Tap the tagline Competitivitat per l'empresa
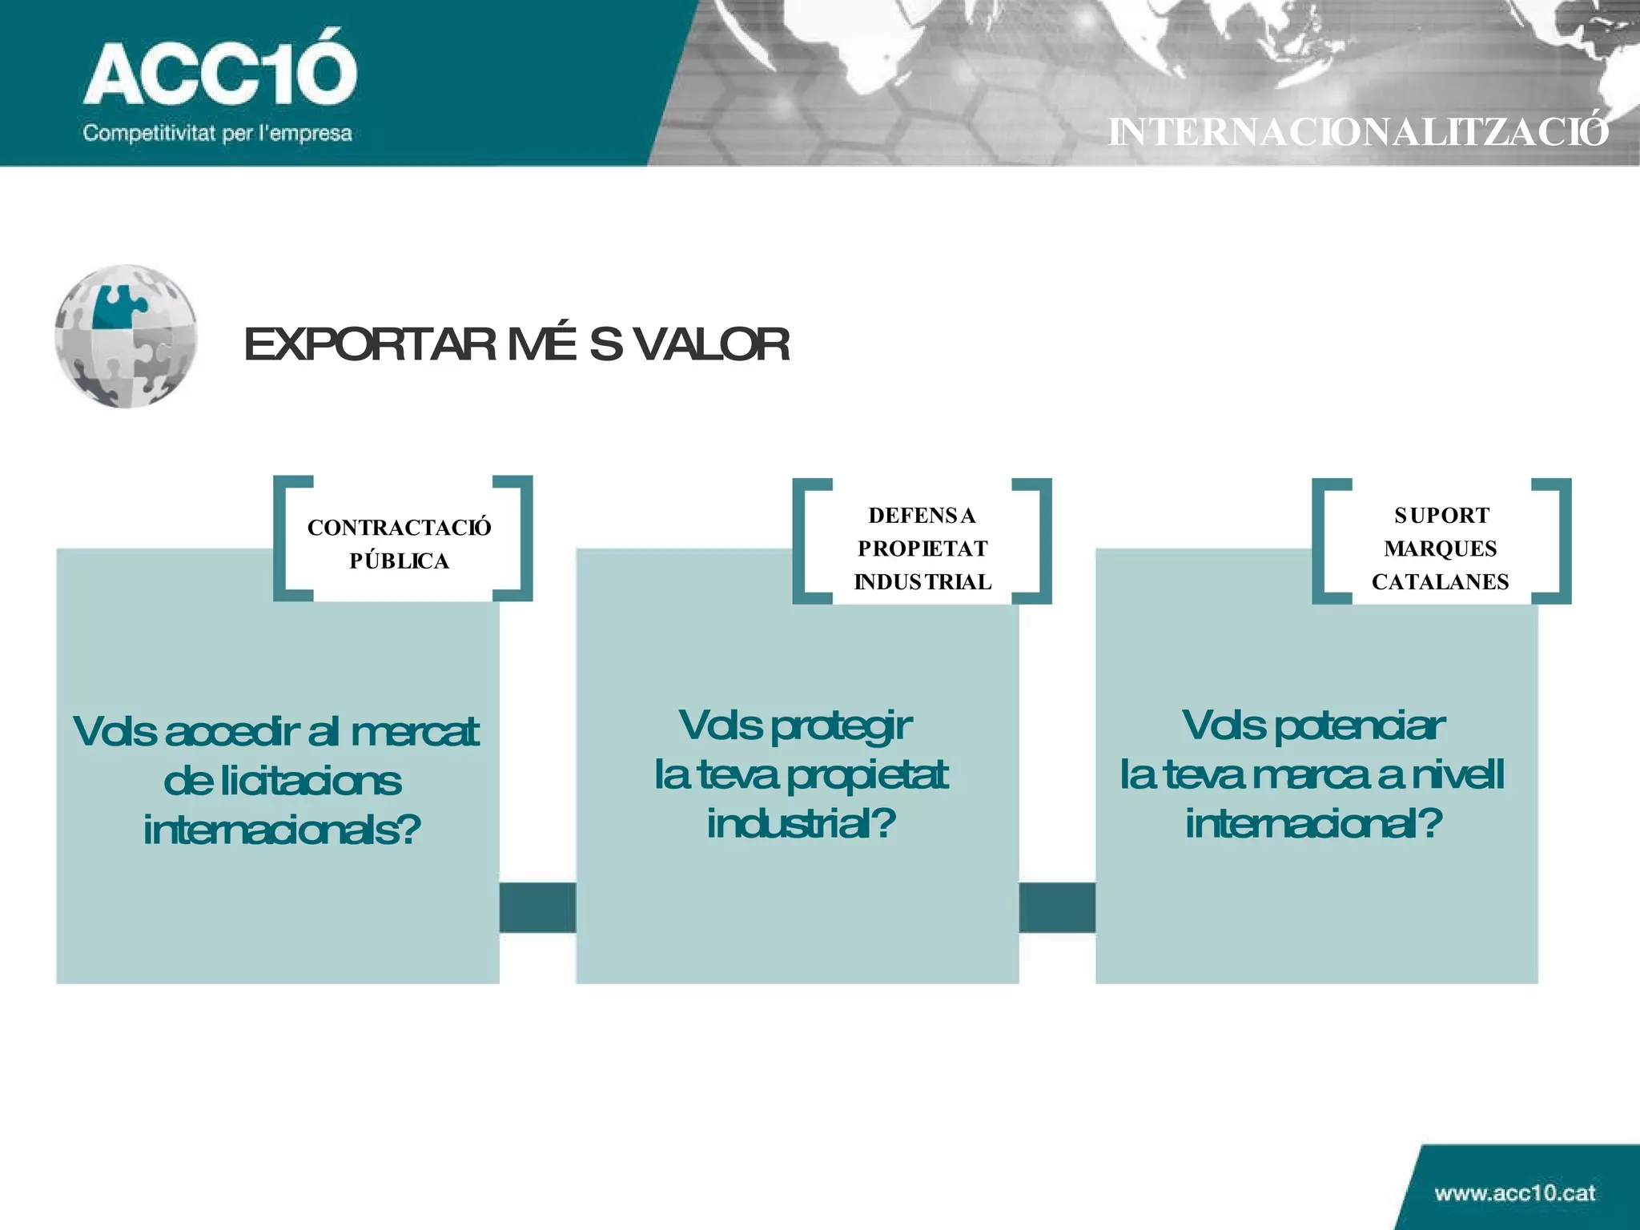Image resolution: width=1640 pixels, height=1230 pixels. (x=217, y=133)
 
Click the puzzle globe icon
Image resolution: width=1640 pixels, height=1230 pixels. (x=126, y=336)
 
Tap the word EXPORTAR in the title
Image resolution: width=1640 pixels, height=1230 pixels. (x=370, y=344)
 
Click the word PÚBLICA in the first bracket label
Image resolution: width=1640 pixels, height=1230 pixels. (x=399, y=561)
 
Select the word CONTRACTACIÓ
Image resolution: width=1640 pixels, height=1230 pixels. (x=399, y=528)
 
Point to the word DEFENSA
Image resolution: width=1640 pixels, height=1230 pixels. (x=922, y=516)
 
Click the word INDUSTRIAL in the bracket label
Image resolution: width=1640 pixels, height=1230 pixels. (x=922, y=582)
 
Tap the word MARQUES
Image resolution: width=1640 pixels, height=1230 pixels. (x=1440, y=549)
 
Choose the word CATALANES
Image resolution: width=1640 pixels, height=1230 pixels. (x=1440, y=582)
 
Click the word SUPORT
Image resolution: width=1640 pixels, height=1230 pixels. (x=1441, y=516)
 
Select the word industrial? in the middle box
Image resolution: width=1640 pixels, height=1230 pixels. (x=801, y=824)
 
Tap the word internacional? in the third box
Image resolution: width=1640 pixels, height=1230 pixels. (x=1313, y=824)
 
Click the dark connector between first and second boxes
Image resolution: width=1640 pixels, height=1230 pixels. (x=537, y=907)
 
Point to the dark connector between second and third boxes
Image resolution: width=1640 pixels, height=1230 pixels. (x=1057, y=907)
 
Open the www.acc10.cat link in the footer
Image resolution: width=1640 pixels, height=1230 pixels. (x=1514, y=1193)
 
